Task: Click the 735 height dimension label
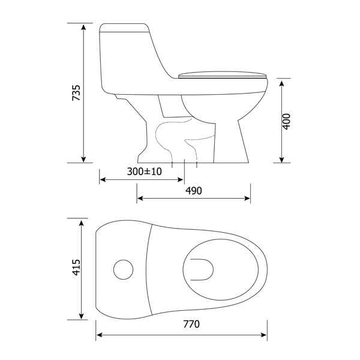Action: [76, 93]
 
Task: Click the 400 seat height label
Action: [286, 121]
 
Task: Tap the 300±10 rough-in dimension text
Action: [145, 172]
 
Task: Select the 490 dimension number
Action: [194, 191]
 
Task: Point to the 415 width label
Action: [76, 267]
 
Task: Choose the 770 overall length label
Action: [191, 324]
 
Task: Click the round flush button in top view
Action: [123, 269]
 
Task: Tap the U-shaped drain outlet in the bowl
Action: [202, 269]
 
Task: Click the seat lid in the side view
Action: [223, 75]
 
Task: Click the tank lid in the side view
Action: [124, 28]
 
